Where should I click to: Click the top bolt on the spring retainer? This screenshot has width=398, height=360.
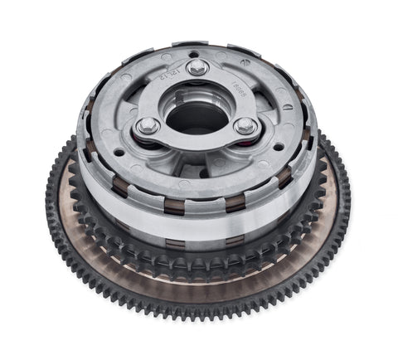[197, 68]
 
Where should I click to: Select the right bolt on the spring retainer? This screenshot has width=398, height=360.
[245, 125]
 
